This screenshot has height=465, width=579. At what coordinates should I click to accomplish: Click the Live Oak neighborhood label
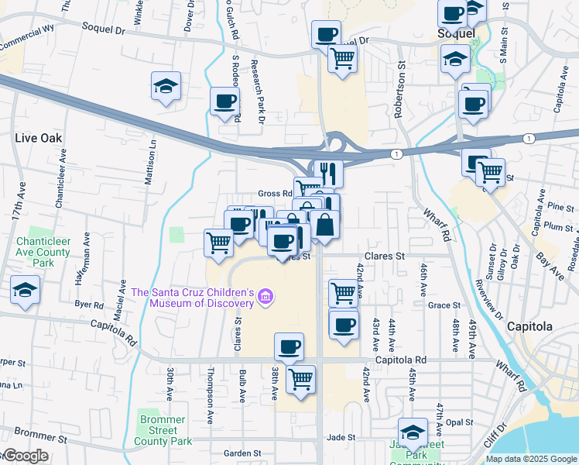click(x=38, y=137)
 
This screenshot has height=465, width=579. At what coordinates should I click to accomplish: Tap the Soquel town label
click(x=451, y=34)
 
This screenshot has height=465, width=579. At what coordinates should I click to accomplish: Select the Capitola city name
click(x=530, y=326)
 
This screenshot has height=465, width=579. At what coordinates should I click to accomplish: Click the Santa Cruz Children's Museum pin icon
click(x=266, y=296)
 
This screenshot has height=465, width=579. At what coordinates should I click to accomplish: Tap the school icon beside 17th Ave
click(x=25, y=291)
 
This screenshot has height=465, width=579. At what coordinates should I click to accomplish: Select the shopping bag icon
click(x=326, y=224)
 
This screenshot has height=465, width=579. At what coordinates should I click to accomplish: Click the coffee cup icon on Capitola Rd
click(x=289, y=346)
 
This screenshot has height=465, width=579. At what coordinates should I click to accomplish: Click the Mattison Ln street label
click(x=152, y=161)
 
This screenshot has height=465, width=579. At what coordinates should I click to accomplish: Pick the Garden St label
click(x=242, y=453)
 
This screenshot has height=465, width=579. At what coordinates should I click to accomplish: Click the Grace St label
click(x=444, y=305)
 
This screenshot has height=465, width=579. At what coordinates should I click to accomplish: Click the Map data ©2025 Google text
click(x=531, y=459)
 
